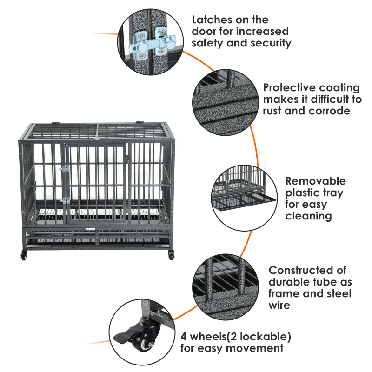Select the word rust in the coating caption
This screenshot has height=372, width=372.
point(274,111)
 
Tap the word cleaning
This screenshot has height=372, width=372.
point(308,216)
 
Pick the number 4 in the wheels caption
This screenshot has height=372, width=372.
point(185,336)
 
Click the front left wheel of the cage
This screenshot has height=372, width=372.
point(23,255)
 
